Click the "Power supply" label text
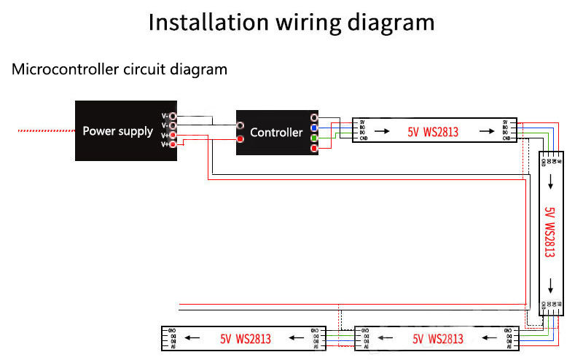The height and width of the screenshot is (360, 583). pos(117,132)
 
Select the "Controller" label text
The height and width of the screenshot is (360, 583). pos(275,133)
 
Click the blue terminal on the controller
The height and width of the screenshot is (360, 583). pos(314,128)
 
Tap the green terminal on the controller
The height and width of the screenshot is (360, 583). pos(314,138)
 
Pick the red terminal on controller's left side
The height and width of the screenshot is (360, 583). pos(240,138)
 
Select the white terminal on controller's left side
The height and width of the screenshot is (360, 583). pos(240,125)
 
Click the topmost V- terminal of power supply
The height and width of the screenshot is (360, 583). pos(173,115)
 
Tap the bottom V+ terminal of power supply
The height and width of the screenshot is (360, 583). pos(173,144)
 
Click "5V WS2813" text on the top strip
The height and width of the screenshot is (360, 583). pos(433,133)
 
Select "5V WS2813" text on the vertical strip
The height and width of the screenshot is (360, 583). pos(550,232)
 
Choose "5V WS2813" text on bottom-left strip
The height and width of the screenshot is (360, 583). pos(246,339)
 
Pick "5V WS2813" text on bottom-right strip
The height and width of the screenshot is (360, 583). pos(437,339)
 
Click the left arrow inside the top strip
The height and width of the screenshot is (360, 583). pos(381,132)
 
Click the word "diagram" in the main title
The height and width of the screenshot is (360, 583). pos(386,22)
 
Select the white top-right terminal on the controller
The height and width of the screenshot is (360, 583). pos(314,117)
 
